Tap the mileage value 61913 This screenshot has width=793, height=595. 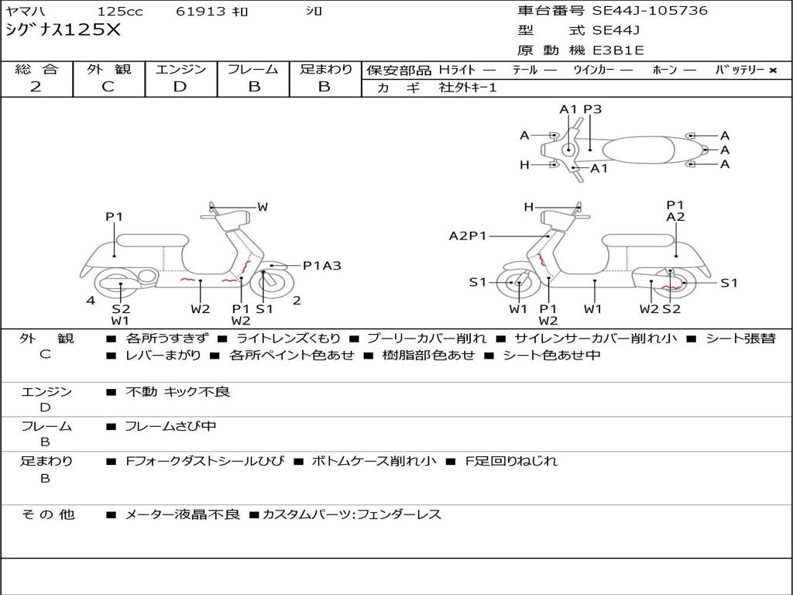[201, 12]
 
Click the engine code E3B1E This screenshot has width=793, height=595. [618, 50]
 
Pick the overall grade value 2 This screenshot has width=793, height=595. [36, 87]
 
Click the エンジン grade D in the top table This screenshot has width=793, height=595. [180, 87]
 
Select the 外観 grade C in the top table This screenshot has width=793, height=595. [108, 87]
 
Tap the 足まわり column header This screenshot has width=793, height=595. [325, 70]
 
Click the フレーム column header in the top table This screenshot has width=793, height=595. [252, 70]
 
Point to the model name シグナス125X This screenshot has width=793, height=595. [63, 30]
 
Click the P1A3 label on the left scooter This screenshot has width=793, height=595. [321, 266]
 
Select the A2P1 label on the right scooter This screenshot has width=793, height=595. [468, 236]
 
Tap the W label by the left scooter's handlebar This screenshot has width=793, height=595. [263, 207]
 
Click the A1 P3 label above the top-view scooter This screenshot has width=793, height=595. [581, 109]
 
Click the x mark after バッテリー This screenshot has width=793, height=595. [772, 71]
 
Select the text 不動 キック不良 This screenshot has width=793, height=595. [177, 392]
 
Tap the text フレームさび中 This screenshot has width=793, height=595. [170, 426]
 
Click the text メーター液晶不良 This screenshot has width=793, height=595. [182, 514]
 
